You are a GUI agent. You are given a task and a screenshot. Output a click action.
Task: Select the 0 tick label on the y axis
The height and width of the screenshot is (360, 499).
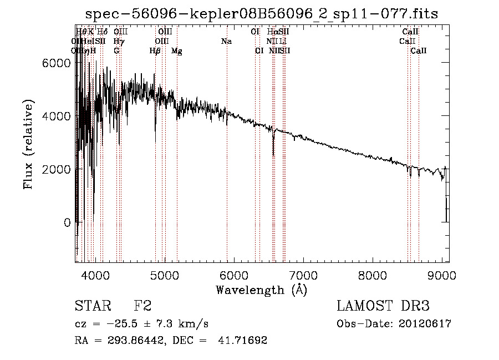pyautogui.click(x=67, y=222)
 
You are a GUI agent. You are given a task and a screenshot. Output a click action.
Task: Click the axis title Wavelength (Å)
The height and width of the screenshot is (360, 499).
pyautogui.click(x=261, y=290)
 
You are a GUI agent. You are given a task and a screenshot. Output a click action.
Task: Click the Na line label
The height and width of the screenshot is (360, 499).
pyautogui.click(x=226, y=42)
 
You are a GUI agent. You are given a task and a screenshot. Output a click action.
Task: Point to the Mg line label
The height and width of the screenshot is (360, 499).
pyautogui.click(x=177, y=51)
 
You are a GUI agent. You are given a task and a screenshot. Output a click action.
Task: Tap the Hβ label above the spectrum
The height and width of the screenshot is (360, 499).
pyautogui.click(x=155, y=51)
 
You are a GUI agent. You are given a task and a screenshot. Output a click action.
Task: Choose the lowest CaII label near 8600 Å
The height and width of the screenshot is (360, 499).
pyautogui.click(x=419, y=51)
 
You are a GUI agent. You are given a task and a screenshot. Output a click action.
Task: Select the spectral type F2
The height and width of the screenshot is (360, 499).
pyautogui.click(x=142, y=306)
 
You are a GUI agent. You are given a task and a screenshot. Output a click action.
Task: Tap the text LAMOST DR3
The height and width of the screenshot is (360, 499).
pyautogui.click(x=383, y=306)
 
